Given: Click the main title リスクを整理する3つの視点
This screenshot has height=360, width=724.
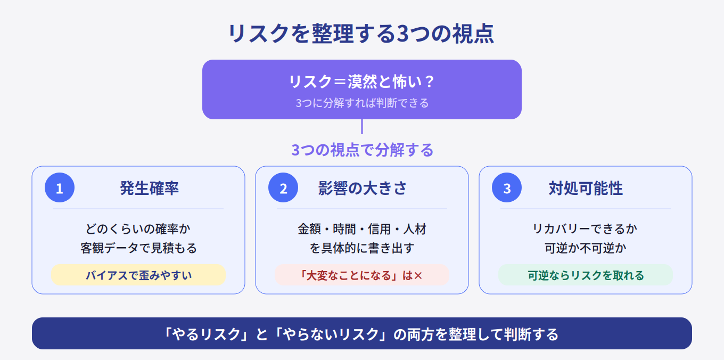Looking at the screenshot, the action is (361, 34).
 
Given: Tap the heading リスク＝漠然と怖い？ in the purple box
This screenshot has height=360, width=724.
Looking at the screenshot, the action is (361, 81).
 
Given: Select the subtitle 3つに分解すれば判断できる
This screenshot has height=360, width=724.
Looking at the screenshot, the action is (362, 103).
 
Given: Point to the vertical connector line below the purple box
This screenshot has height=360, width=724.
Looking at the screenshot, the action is (362, 126).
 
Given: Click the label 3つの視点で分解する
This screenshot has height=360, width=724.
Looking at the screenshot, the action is (362, 150).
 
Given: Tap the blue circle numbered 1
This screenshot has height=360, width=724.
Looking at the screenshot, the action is (60, 187).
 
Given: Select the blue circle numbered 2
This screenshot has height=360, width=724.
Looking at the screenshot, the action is (283, 187).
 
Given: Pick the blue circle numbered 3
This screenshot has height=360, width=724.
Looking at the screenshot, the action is (507, 187).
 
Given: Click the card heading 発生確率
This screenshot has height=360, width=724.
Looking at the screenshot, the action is (149, 188).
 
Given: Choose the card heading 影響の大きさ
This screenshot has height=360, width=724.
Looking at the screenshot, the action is (362, 188).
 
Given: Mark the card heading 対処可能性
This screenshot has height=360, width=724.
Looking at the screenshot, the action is (586, 188).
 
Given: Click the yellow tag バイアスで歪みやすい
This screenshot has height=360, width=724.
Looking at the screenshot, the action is (138, 275).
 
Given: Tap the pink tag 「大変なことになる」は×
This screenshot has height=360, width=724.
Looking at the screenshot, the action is (362, 275).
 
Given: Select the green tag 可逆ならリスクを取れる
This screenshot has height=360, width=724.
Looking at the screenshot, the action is (586, 275).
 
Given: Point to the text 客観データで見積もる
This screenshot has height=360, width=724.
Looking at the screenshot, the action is (138, 248).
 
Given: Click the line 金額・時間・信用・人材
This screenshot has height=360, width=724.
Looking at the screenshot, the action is (362, 229).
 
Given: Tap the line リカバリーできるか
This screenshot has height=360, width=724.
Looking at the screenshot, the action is (586, 229).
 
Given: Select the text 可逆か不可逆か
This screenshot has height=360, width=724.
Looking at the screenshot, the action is (586, 248).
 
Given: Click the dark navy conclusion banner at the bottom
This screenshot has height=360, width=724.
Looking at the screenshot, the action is (362, 333).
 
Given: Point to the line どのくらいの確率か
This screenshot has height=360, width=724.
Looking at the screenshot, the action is (138, 229).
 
